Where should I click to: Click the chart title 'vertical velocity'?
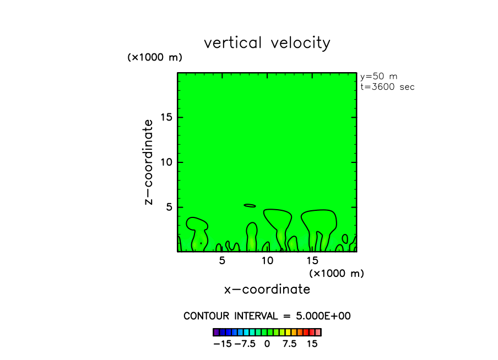click(x=267, y=43)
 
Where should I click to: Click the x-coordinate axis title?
click(x=267, y=289)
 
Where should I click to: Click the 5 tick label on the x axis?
click(x=222, y=260)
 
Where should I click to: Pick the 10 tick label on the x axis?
click(x=267, y=260)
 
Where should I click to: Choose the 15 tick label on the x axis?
click(x=312, y=260)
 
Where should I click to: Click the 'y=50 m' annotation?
click(x=378, y=77)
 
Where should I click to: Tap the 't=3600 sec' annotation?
click(x=387, y=86)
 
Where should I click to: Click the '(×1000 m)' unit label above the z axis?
click(x=155, y=57)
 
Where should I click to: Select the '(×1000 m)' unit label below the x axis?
click(x=336, y=273)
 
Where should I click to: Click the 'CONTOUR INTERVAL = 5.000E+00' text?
click(x=267, y=316)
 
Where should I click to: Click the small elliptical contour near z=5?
click(x=250, y=205)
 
